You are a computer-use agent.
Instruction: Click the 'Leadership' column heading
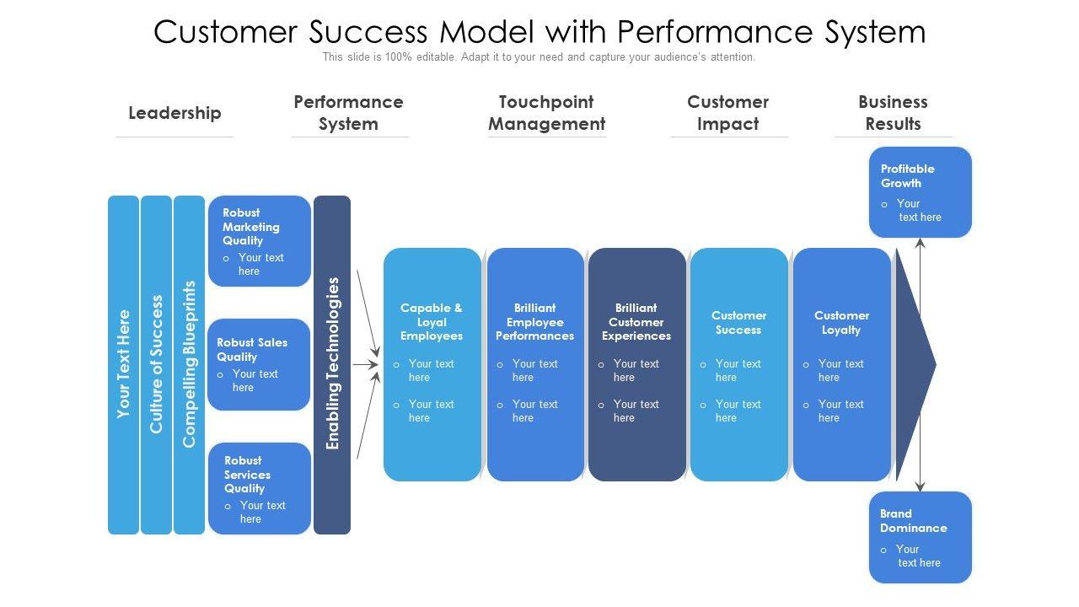[x=174, y=113]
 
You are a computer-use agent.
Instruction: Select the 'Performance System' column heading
[x=348, y=113]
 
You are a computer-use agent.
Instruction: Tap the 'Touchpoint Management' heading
[x=547, y=113]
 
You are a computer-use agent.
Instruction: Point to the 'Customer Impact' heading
[x=727, y=113]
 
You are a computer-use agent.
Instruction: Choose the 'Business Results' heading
[x=893, y=113]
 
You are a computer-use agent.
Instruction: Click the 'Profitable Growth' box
[x=920, y=192]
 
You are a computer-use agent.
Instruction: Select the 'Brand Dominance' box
[x=920, y=537]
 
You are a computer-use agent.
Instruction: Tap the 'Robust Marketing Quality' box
[x=260, y=241]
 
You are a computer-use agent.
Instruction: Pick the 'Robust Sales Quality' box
[x=259, y=364]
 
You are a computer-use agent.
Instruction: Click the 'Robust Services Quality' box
[x=260, y=488]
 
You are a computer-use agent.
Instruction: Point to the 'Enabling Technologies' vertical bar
[x=332, y=364]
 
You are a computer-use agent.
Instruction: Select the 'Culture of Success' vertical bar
[x=156, y=364]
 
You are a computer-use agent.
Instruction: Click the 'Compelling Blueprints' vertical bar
[x=189, y=364]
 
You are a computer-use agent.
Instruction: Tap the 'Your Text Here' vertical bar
[x=123, y=364]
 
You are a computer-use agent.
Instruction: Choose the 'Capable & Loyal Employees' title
[x=432, y=322]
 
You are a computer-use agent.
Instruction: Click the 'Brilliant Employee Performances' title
[x=534, y=322]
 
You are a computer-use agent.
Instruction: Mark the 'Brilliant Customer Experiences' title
[x=636, y=322]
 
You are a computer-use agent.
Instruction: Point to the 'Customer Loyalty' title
[x=841, y=323]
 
